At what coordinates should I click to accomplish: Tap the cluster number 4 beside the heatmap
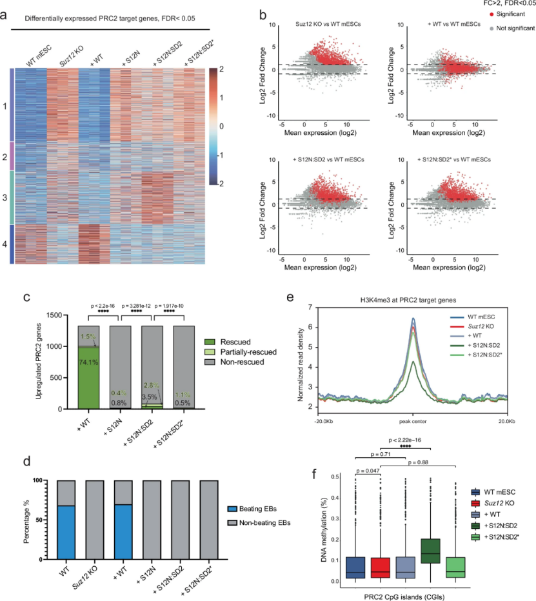5,242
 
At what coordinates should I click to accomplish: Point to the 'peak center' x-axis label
413,421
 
